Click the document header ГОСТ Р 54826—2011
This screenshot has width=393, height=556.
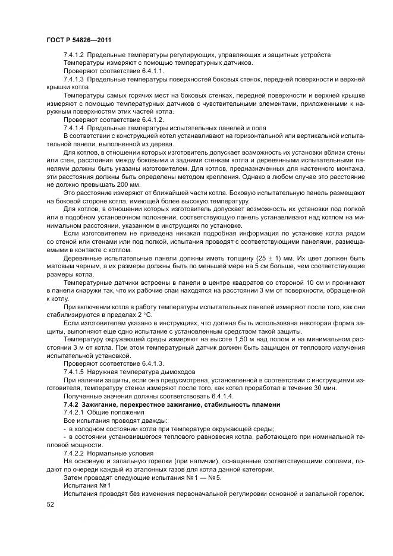click(78, 39)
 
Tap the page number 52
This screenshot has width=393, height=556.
click(50, 504)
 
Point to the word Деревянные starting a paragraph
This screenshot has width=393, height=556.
click(84, 258)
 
